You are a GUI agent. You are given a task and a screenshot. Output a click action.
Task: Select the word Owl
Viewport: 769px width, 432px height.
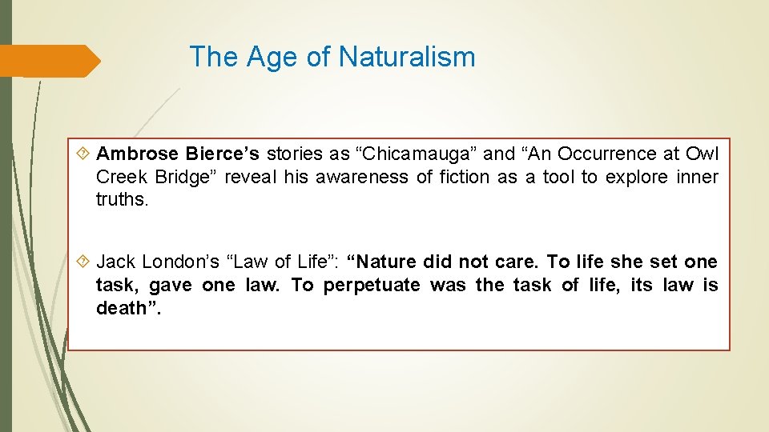pos(702,154)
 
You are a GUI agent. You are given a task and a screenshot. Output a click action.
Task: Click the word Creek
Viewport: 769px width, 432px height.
pos(119,177)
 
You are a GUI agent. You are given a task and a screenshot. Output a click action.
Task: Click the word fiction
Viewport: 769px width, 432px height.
pos(461,177)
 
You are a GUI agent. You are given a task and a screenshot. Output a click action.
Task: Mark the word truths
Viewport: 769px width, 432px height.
pos(122,200)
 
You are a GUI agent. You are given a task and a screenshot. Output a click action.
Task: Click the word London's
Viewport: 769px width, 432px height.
pos(179,262)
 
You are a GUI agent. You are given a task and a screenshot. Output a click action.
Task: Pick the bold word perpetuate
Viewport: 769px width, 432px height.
pos(372,285)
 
